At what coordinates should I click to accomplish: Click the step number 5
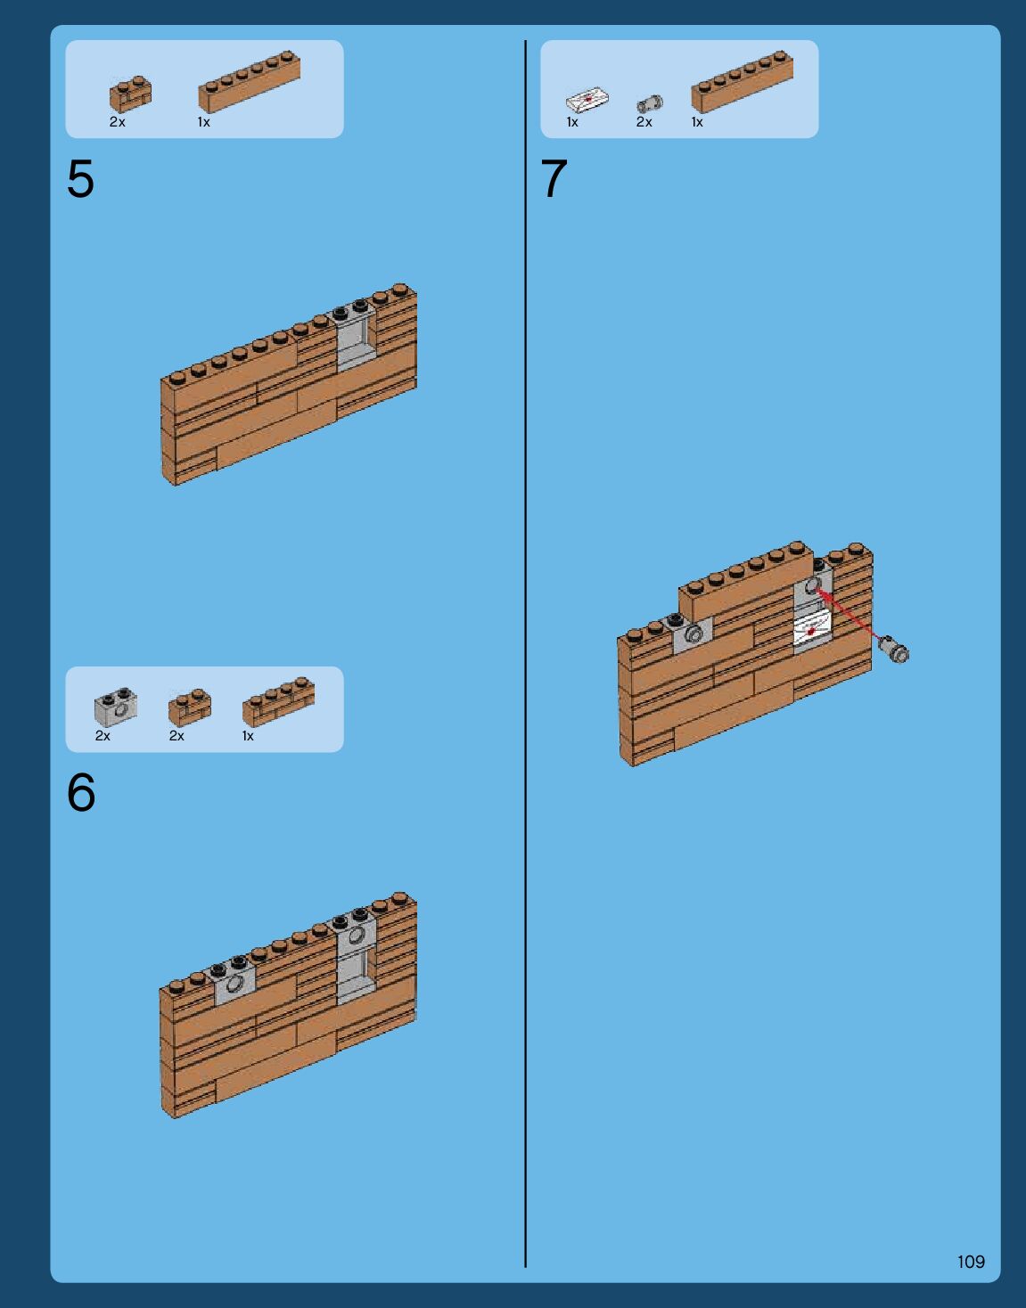[81, 178]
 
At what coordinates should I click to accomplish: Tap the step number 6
[81, 792]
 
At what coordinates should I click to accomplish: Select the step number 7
[554, 178]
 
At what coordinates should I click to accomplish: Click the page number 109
[972, 1262]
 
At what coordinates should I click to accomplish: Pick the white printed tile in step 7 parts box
[587, 99]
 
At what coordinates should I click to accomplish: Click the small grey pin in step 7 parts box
[650, 104]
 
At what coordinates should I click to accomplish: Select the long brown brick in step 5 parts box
[250, 82]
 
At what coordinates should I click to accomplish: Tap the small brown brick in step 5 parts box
[130, 94]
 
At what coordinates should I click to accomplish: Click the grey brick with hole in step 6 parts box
[116, 707]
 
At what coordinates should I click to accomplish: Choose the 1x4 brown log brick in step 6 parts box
[278, 702]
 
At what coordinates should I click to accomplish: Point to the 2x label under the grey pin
[644, 122]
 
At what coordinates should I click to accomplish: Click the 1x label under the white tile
[572, 122]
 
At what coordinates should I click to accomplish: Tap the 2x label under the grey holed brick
[103, 736]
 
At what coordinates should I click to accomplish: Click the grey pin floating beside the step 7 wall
[894, 649]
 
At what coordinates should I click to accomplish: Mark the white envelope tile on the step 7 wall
[812, 632]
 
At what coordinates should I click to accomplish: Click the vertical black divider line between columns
[526, 654]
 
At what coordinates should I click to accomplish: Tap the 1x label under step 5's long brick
[204, 122]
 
